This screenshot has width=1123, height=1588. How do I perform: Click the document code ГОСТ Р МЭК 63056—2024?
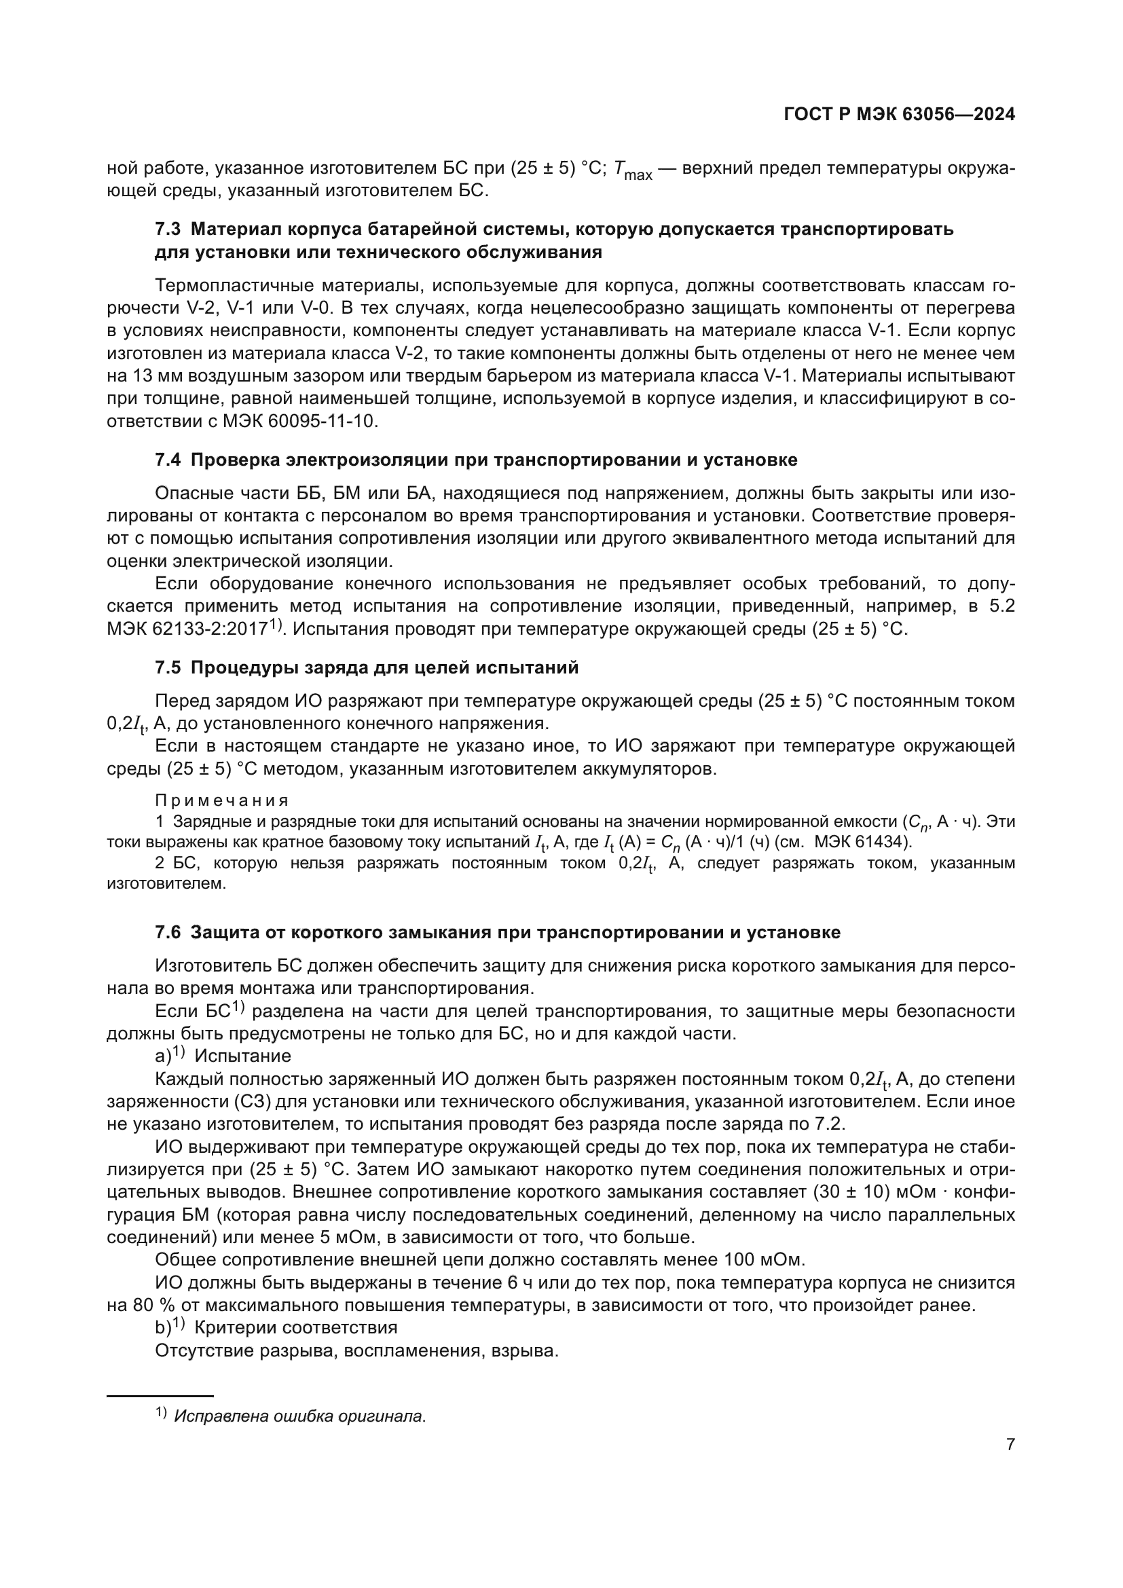[900, 115]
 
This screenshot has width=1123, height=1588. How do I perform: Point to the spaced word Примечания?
[221, 801]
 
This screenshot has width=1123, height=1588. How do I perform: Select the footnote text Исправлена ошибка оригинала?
[299, 1416]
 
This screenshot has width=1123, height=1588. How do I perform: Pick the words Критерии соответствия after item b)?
[296, 1328]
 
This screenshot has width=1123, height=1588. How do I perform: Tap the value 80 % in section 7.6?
[147, 1305]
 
